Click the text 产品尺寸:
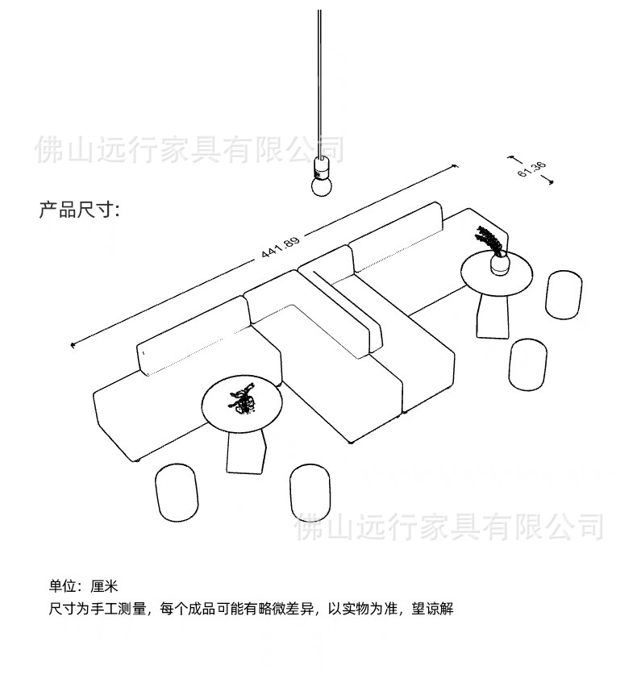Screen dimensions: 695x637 tap(79, 210)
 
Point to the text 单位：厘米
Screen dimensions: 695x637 tap(84, 586)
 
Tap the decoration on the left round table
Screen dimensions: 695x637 tap(243, 401)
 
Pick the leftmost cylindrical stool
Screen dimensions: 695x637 tap(176, 490)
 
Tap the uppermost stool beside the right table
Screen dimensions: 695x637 tap(564, 293)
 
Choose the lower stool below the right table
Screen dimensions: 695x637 tap(527, 364)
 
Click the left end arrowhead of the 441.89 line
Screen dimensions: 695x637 tap(73, 345)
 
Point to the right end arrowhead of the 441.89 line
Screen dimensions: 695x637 tap(456, 166)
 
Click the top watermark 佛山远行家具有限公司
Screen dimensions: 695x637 tap(189, 150)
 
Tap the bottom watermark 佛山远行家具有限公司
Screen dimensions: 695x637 tap(450, 526)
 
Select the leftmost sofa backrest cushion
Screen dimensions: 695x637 tap(192, 334)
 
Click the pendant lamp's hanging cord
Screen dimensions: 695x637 tap(320, 81)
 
